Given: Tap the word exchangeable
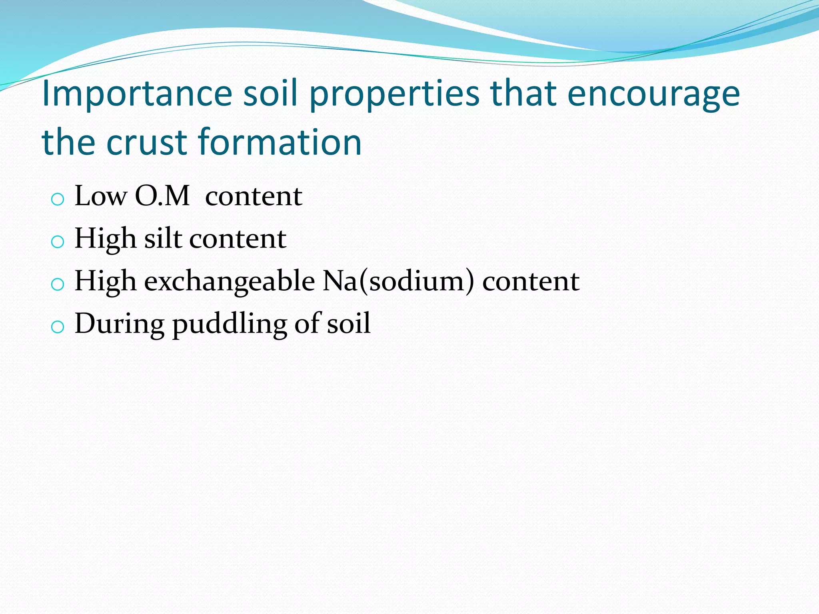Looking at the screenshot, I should (229, 281).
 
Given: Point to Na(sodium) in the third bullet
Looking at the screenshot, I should (398, 281).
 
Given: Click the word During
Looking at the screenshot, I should (119, 324).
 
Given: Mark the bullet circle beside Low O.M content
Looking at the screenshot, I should (58, 199).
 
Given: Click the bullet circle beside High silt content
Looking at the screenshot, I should (58, 241).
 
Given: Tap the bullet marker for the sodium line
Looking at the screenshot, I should (58, 284).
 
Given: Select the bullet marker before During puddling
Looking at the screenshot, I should (58, 327).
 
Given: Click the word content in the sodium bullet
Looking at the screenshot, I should (531, 281).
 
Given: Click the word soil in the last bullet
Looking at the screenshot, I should (348, 324).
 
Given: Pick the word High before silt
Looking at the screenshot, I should (106, 239).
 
